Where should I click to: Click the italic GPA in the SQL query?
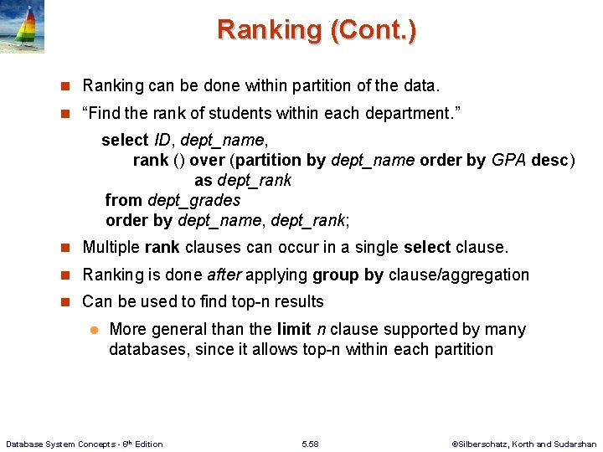click(x=509, y=160)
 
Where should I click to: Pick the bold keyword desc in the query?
click(x=550, y=160)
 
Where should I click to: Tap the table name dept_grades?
click(x=193, y=200)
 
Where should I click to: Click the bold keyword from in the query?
click(x=123, y=200)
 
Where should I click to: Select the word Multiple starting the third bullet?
click(x=111, y=248)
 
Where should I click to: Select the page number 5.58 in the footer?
click(x=310, y=444)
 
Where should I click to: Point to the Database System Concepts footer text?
click(x=85, y=444)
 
